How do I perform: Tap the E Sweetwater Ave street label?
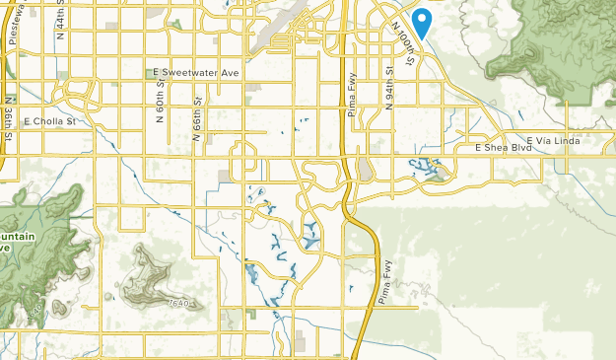click(197, 73)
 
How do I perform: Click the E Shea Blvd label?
click(498, 148)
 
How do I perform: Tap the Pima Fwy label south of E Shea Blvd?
click(383, 285)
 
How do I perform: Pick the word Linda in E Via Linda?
click(566, 141)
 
